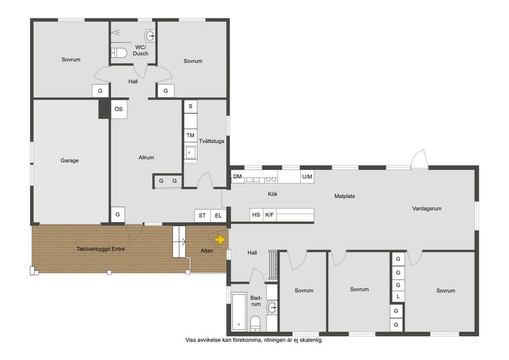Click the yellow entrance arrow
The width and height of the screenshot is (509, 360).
pos(220,240)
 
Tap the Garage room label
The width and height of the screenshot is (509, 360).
pos(70,161)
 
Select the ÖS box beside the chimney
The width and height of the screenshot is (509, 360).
pos(119,109)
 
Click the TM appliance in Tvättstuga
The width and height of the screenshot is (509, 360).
pos(190,135)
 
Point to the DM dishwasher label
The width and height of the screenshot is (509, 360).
pos(238,176)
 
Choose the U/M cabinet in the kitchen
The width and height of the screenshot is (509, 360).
pos(307,177)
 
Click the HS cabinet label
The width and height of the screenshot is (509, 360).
pos(256,215)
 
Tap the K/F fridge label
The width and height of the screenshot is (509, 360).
pos(269,215)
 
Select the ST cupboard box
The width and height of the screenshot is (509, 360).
pos(202,215)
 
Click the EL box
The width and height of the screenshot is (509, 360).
pos(218,215)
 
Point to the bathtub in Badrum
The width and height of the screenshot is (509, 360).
pos(239,312)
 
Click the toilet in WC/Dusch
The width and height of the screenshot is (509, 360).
pos(119,53)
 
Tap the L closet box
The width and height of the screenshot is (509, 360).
pos(398,296)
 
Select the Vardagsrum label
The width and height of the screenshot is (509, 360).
pos(427,208)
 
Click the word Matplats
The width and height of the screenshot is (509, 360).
pos(345,196)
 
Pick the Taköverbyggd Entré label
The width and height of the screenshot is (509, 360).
pos(100,249)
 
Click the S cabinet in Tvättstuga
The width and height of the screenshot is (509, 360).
pos(190,106)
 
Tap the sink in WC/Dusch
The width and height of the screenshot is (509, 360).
pos(150,36)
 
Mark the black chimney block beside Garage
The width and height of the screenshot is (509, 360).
pos(104,109)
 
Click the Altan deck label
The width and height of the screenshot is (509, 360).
pos(207,251)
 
